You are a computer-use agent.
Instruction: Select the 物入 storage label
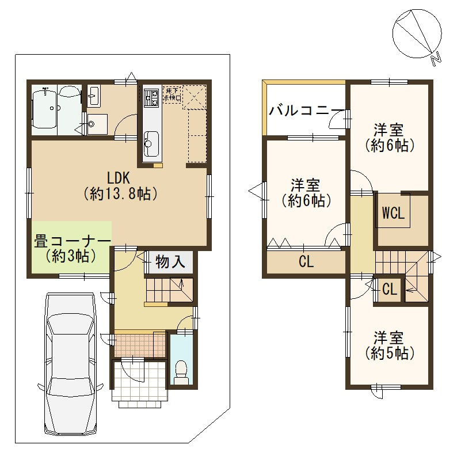(171, 263)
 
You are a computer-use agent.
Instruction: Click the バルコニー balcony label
(303, 110)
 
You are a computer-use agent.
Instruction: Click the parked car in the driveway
(70, 363)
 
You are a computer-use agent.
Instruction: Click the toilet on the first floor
(182, 372)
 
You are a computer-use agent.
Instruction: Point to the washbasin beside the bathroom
(94, 96)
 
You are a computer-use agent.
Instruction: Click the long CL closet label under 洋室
(306, 262)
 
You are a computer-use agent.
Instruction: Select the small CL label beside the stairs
(390, 290)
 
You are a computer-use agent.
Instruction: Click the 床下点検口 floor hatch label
(173, 94)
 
